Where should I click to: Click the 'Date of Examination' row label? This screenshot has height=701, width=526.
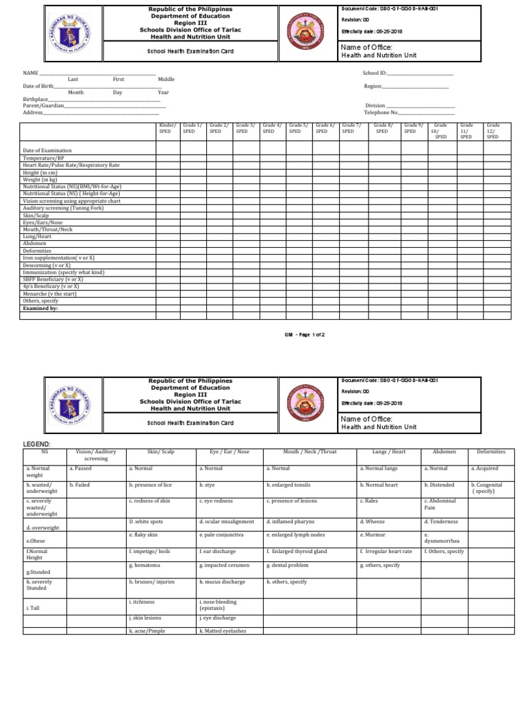pos(47,151)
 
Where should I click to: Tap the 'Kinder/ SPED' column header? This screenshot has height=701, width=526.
pos(168,128)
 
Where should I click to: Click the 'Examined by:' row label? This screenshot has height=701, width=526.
pos(40,309)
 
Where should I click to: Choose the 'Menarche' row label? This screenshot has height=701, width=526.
pos(49,294)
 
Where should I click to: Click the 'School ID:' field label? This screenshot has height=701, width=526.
pos(375,73)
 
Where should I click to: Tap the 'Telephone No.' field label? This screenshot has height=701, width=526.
pos(381,112)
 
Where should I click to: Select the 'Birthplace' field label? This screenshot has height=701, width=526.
pos(36,99)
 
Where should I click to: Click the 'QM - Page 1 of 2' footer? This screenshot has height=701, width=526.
pos(304,335)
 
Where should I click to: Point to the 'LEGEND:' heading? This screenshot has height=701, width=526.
pos(37,444)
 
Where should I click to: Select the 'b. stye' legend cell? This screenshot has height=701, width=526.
pos(208,484)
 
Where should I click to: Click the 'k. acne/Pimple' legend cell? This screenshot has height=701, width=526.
pos(147,630)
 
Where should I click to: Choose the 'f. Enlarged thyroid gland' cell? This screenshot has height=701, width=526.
pos(297,551)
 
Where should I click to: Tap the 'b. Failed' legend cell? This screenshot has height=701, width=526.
pos(81,484)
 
